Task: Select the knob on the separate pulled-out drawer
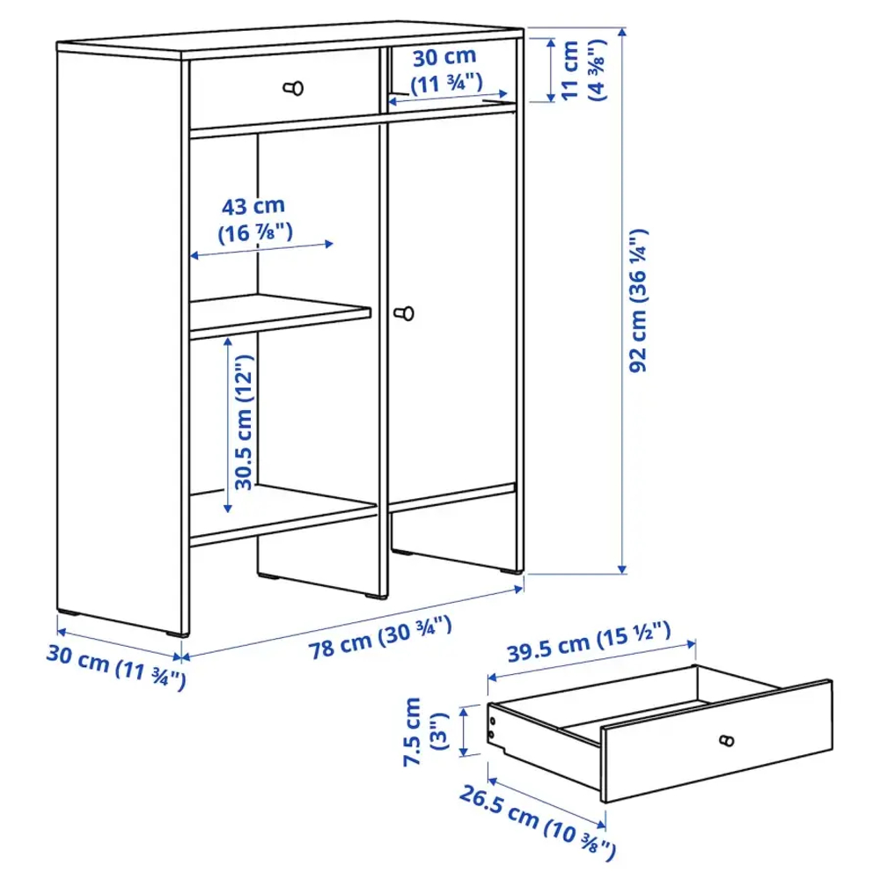[727, 741]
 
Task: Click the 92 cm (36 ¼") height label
[640, 300]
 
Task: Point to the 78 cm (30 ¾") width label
[380, 638]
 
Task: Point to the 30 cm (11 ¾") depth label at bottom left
[114, 669]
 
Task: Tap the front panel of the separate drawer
[717, 744]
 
